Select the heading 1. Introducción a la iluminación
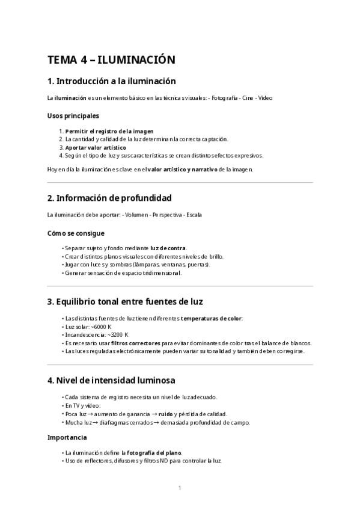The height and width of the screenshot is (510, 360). click(x=111, y=81)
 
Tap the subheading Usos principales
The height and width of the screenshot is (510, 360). click(x=73, y=115)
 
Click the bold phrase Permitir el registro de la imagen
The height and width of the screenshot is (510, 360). click(x=109, y=131)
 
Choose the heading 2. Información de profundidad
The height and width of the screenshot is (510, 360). click(x=109, y=197)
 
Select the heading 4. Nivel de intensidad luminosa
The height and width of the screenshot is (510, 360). click(x=111, y=380)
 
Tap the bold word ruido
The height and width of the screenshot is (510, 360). click(x=166, y=414)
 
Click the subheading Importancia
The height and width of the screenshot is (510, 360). click(x=67, y=437)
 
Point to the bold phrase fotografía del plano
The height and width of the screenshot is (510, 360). click(x=154, y=452)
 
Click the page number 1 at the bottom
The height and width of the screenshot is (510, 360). click(x=180, y=488)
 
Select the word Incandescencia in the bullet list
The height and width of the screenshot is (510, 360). click(x=82, y=334)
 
